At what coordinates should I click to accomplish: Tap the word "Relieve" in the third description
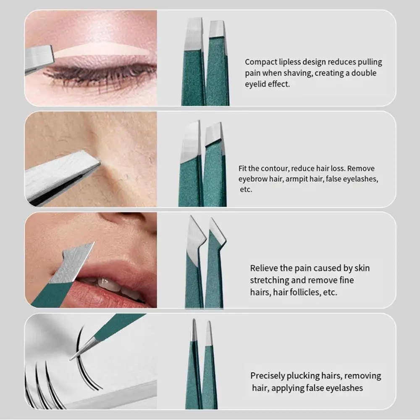coord(266,268)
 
